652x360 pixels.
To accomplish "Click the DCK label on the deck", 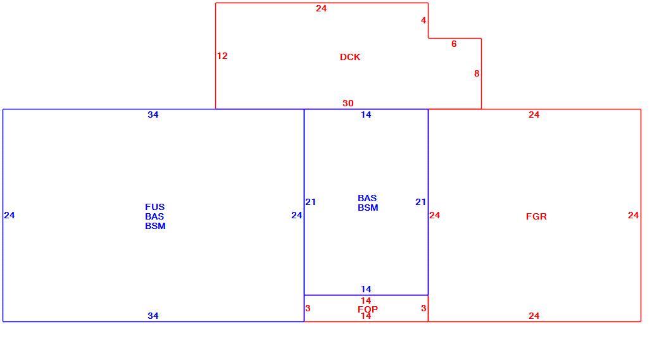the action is [349, 57].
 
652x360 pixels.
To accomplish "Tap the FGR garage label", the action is [536, 216].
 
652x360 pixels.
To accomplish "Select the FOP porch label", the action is [368, 309].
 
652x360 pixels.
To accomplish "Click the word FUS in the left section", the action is [154, 207].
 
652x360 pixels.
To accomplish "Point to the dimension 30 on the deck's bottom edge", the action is [348, 103].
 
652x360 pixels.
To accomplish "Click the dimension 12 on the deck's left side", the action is [222, 56].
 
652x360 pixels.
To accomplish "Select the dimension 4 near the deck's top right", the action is [423, 20].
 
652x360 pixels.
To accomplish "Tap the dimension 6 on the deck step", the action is [454, 44].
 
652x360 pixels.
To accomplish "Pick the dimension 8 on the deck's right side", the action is [477, 73].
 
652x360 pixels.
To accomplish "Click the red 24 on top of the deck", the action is [321, 8].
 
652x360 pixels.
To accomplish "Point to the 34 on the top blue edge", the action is [153, 115].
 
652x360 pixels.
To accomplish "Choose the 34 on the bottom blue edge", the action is [153, 316].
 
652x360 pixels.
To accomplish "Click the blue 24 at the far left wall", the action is [9, 215].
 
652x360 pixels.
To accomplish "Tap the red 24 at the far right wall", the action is [633, 215].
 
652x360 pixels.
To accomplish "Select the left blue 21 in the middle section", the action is [311, 202].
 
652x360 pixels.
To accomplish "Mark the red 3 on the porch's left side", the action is [308, 308].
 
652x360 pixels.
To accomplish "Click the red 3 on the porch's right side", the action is [423, 308].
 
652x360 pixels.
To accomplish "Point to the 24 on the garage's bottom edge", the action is [534, 316].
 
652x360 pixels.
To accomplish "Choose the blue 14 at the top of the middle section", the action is [366, 115].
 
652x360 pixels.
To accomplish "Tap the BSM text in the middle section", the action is [368, 208].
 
